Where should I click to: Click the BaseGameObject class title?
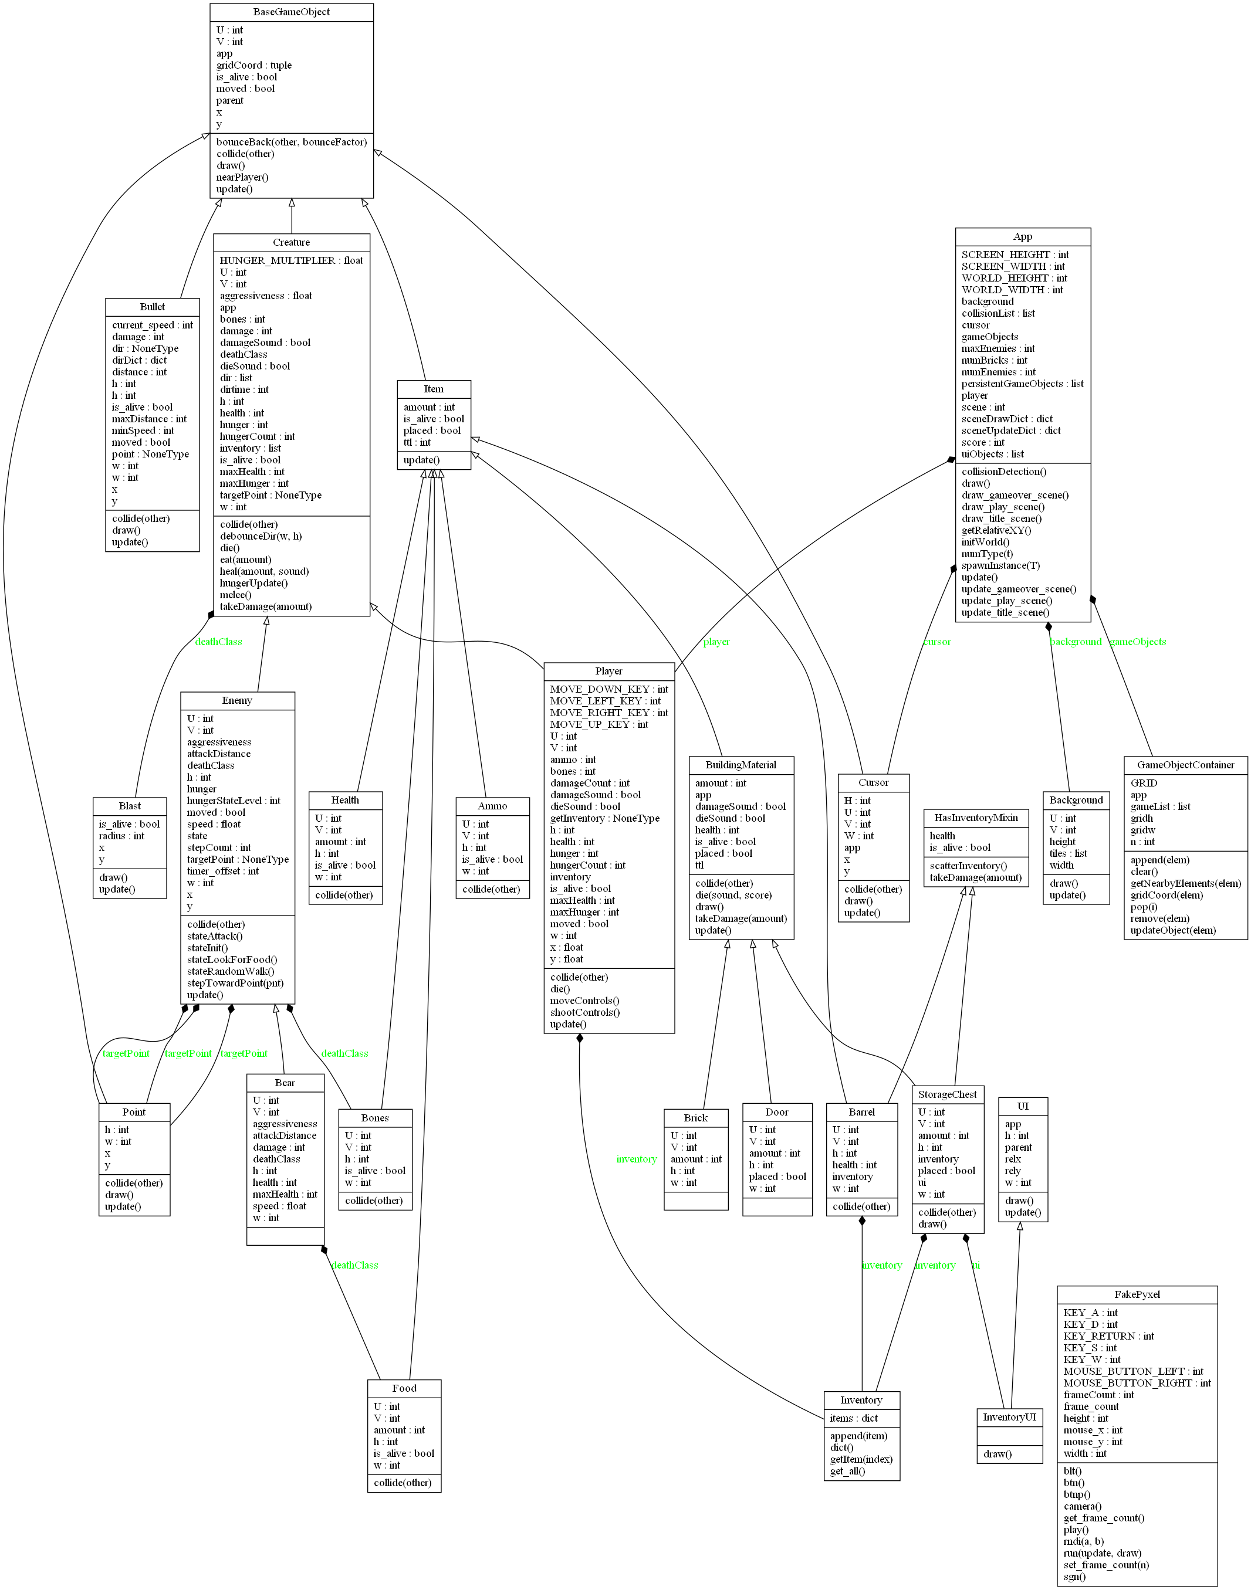pos(291,12)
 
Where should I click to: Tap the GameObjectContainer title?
pos(1185,765)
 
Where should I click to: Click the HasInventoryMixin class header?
pos(976,818)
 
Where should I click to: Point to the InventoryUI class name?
pos(1009,1416)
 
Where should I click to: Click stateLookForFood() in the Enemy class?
pos(231,960)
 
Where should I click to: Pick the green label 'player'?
pos(716,642)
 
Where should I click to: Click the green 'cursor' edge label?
pos(937,642)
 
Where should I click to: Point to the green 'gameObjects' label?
pos(1138,642)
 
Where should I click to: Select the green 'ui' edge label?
pos(976,1265)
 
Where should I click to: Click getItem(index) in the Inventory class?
pos(861,1459)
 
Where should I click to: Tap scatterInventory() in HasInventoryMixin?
pos(968,866)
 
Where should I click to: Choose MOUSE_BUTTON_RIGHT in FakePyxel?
pos(1137,1383)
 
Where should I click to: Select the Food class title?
pos(404,1388)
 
